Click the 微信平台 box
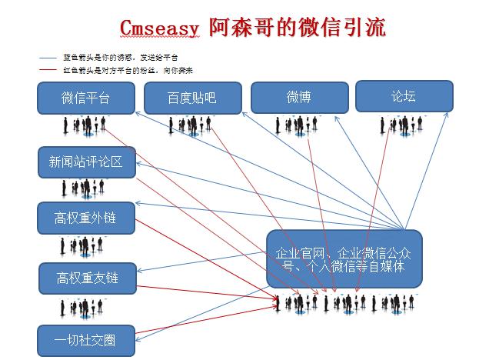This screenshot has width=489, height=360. [85, 98]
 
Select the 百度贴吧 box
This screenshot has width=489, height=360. [191, 98]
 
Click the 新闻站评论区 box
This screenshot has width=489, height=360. [86, 162]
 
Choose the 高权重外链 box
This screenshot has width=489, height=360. [86, 218]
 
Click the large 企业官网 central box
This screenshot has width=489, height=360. [344, 258]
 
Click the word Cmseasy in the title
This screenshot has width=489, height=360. [161, 28]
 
